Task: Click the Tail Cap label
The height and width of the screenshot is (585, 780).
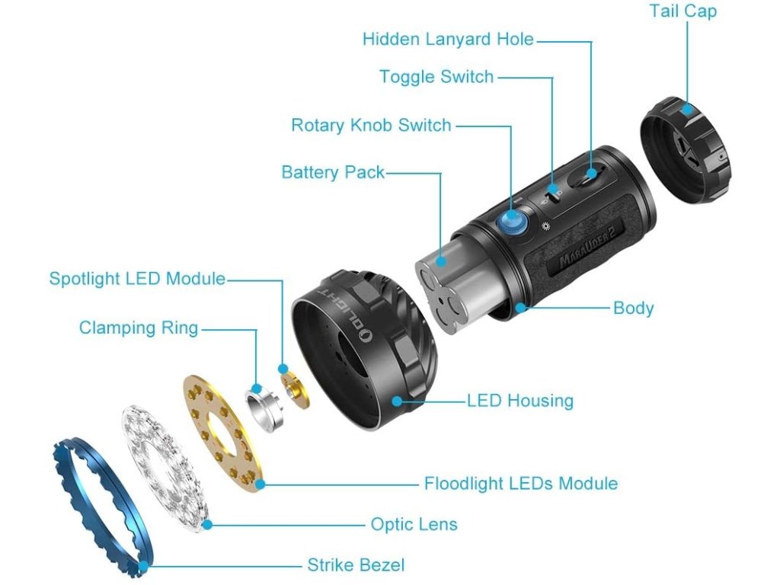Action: [682, 11]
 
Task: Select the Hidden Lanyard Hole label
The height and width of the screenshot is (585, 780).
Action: [448, 39]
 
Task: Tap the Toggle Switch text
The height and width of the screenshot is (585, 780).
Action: [436, 77]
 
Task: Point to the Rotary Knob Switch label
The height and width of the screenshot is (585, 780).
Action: [371, 125]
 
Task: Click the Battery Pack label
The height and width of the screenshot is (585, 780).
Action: [333, 172]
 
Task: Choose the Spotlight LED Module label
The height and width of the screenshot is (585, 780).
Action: [137, 279]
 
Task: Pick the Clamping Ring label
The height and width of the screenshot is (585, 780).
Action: [139, 328]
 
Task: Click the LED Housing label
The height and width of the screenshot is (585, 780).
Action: [520, 400]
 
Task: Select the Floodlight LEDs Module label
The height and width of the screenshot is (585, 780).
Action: [521, 484]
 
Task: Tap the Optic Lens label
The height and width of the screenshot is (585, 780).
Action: [414, 524]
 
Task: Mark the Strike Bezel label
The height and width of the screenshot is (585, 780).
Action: [356, 565]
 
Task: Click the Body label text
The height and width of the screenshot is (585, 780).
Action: [634, 308]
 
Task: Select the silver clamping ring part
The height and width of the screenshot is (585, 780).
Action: [264, 407]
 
